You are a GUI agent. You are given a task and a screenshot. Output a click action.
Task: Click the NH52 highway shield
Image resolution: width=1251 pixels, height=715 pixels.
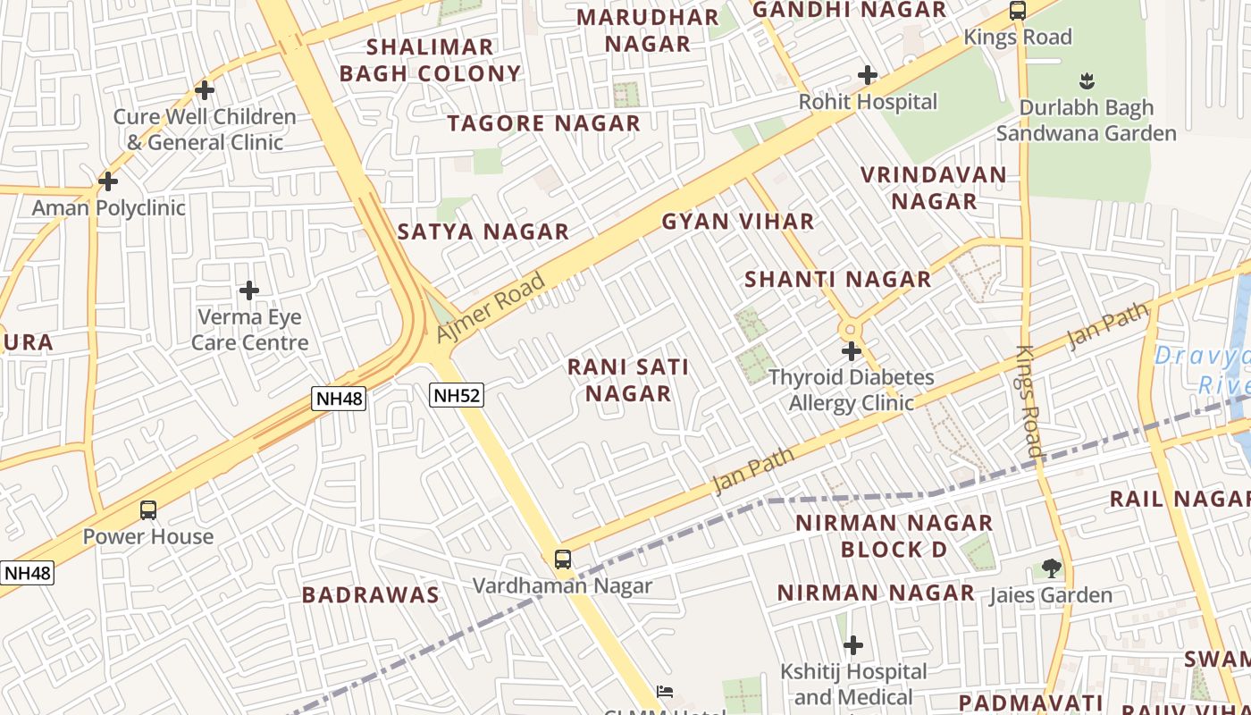point(457,395)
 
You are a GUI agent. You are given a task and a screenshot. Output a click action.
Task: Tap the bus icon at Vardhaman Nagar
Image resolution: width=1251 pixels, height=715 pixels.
point(562,559)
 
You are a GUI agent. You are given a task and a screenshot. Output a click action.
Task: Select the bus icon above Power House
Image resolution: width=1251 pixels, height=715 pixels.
point(148,510)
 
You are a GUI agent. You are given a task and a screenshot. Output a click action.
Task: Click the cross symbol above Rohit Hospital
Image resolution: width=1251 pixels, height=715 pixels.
point(867,76)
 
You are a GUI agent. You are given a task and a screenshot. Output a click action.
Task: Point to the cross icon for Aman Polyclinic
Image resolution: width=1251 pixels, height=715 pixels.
point(107,181)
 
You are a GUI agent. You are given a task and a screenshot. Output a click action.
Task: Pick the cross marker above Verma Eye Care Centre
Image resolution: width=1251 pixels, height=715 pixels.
point(249,290)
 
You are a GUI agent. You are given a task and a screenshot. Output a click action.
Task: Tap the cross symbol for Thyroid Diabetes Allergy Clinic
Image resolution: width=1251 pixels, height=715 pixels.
point(852,351)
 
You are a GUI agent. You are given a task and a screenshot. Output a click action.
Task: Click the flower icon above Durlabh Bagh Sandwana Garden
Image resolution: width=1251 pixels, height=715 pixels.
point(1087,82)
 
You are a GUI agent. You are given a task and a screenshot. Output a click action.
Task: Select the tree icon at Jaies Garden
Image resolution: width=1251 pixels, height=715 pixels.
point(1051,568)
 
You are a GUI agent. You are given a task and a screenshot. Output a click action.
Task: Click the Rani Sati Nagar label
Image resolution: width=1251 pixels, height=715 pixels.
point(629,380)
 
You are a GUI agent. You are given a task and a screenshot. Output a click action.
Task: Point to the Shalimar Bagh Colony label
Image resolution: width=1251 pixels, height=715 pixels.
point(430,60)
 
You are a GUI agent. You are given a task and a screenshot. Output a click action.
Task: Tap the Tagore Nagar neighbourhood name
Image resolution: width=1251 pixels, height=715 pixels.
point(544,123)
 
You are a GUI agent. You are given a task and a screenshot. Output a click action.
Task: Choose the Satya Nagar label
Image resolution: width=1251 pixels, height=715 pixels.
point(483,231)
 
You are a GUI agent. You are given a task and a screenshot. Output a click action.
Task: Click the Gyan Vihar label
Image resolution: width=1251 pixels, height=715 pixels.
point(738,222)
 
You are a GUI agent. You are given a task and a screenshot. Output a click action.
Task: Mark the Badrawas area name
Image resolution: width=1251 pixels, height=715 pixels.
point(370,595)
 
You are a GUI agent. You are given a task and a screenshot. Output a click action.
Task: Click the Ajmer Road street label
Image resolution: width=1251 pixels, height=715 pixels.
point(491,308)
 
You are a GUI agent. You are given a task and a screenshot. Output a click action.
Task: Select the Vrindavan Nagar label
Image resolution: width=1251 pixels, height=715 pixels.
point(934,188)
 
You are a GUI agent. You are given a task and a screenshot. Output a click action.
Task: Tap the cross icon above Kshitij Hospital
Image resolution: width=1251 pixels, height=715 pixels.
point(853,644)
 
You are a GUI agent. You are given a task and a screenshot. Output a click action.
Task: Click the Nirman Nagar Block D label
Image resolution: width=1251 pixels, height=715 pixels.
point(894,535)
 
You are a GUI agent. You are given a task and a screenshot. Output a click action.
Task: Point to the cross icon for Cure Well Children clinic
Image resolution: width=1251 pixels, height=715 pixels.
point(205,90)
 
